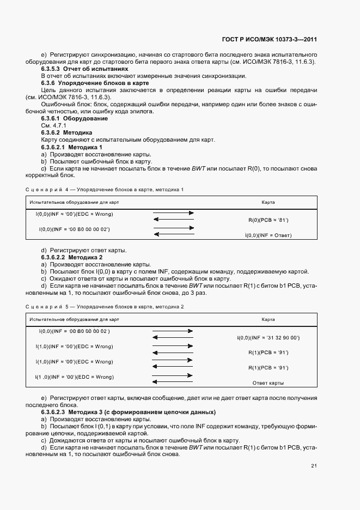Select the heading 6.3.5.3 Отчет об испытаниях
click(84, 69)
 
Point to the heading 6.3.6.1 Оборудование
click(74, 118)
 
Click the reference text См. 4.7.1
click(53, 125)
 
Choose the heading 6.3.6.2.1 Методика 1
click(71, 147)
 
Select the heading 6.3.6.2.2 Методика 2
click(71, 257)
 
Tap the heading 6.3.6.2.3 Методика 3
click(128, 412)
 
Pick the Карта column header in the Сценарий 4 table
click(267, 202)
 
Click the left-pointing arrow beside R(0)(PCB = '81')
click(173, 220)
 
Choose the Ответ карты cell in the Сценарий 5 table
click(268, 383)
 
